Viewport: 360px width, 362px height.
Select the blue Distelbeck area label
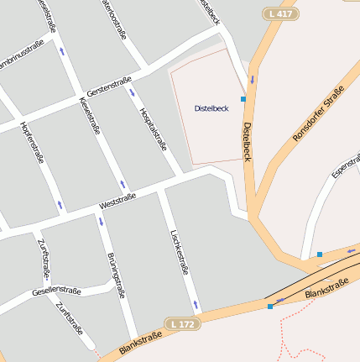(x=211, y=108)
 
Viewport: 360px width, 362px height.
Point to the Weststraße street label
(x=117, y=202)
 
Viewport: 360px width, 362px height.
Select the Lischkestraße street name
(x=179, y=253)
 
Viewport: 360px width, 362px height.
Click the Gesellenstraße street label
(x=56, y=291)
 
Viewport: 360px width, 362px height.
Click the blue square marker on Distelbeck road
(x=243, y=99)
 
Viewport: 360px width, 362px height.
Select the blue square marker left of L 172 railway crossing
(x=270, y=307)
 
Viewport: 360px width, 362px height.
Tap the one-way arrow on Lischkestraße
(x=196, y=303)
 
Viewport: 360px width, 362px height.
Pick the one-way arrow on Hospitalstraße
(x=132, y=92)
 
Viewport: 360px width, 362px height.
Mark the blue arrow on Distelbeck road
(x=251, y=81)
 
